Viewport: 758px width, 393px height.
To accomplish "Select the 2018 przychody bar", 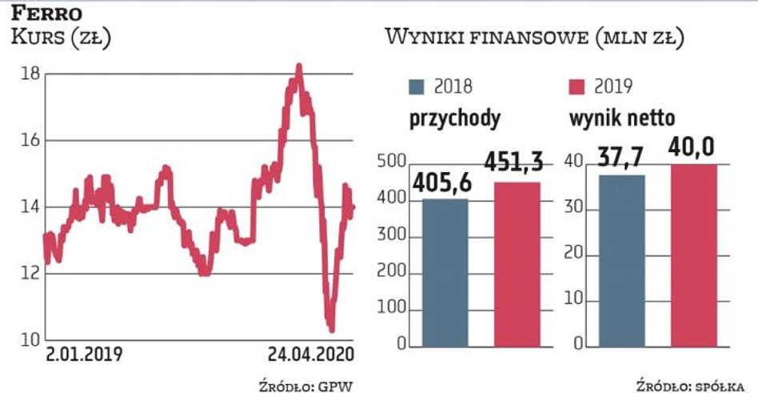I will [445, 273].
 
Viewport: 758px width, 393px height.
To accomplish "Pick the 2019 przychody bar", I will [517, 265].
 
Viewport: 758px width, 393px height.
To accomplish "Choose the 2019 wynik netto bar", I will [693, 255].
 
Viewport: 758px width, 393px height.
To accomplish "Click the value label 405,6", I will [443, 183].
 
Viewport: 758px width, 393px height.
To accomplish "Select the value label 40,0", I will [692, 147].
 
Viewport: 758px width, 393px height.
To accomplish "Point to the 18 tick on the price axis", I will [30, 74].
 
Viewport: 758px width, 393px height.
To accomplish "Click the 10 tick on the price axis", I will [30, 340].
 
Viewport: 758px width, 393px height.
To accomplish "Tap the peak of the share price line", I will [299, 67].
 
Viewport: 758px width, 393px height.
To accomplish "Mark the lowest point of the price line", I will [331, 328].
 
